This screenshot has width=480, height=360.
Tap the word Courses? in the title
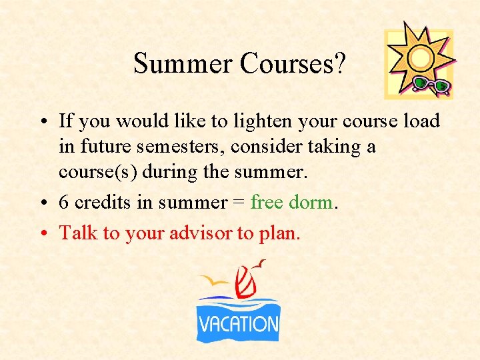[x=293, y=63]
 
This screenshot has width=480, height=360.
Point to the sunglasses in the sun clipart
[x=432, y=85]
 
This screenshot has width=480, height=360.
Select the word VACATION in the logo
[x=238, y=325]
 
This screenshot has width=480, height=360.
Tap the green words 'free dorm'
[x=291, y=203]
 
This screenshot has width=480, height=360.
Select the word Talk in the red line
[x=75, y=232]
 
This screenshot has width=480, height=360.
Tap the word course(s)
[x=91, y=172]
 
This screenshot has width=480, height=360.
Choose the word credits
[x=99, y=203]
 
